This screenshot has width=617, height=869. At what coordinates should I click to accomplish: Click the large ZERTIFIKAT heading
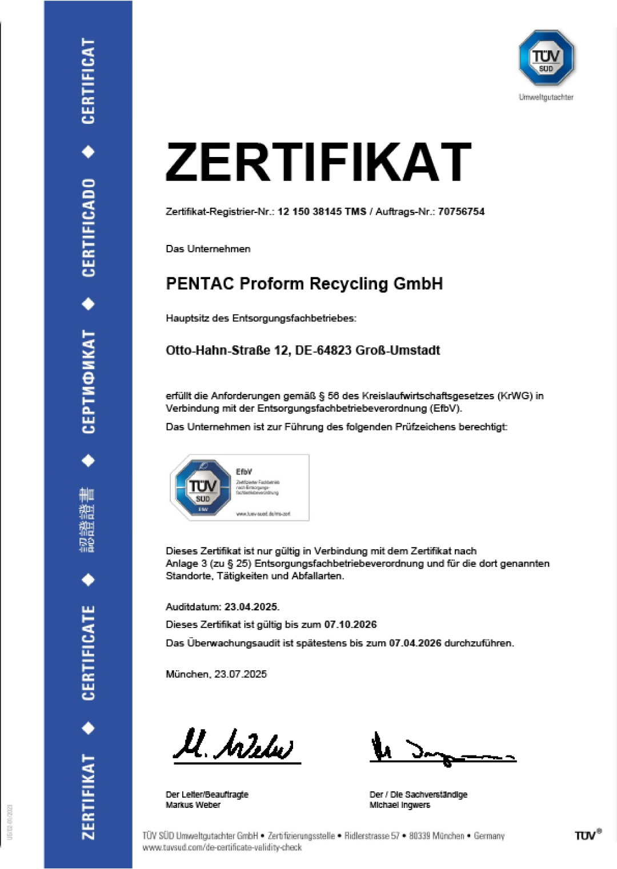pyautogui.click(x=318, y=163)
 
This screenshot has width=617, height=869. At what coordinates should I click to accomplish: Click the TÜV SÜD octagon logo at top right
pyautogui.click(x=546, y=58)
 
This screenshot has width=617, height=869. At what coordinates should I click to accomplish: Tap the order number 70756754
pyautogui.click(x=461, y=212)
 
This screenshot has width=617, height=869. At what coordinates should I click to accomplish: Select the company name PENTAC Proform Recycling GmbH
pyautogui.click(x=304, y=284)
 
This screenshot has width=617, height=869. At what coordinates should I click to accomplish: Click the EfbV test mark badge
pyautogui.click(x=239, y=488)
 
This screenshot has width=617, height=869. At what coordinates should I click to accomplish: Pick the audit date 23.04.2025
pyautogui.click(x=251, y=607)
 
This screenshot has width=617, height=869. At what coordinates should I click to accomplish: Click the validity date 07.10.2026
pyautogui.click(x=350, y=625)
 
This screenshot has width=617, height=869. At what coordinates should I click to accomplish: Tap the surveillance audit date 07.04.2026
pyautogui.click(x=415, y=643)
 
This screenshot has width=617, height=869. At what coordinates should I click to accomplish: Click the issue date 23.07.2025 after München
pyautogui.click(x=241, y=674)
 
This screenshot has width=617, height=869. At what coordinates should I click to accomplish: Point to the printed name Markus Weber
pyautogui.click(x=193, y=805)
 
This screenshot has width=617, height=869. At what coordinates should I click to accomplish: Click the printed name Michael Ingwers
pyautogui.click(x=400, y=805)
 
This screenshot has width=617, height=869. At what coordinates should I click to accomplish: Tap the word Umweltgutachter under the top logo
pyautogui.click(x=546, y=98)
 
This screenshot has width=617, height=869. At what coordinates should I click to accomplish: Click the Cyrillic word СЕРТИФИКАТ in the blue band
pyautogui.click(x=89, y=382)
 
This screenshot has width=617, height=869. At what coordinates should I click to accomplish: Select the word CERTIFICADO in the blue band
pyautogui.click(x=89, y=228)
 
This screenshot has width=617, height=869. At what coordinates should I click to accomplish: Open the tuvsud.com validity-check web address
pyautogui.click(x=222, y=848)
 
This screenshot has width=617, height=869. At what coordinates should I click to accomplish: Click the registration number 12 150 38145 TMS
pyautogui.click(x=322, y=212)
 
